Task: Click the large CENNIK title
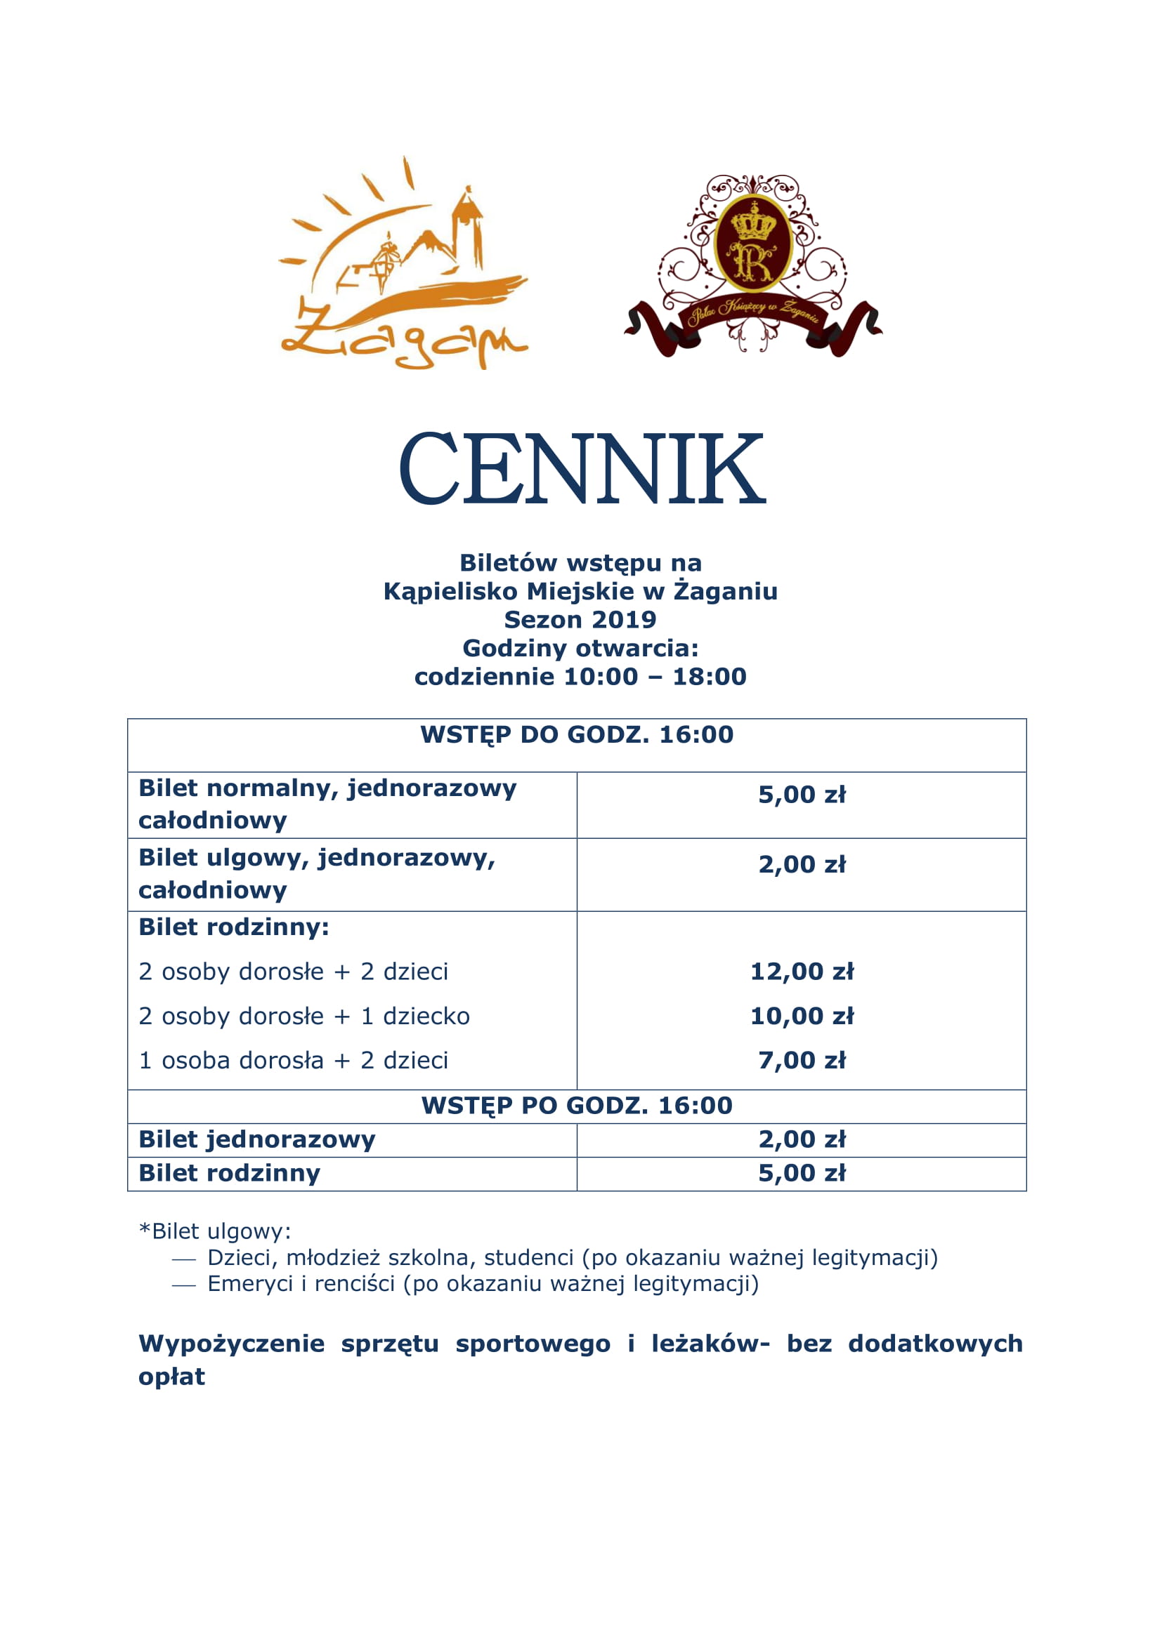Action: click(x=581, y=470)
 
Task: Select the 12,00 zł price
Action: click(x=802, y=972)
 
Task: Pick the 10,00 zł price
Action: click(x=802, y=1017)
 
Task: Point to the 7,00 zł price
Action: click(x=802, y=1061)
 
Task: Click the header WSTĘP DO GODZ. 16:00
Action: click(x=577, y=735)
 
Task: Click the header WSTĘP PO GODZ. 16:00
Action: click(x=577, y=1106)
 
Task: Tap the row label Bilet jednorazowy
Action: click(x=257, y=1140)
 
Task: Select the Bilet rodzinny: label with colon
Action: click(x=234, y=927)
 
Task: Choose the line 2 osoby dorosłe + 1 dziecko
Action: click(x=304, y=1017)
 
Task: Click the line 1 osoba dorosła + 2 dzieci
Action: click(x=294, y=1061)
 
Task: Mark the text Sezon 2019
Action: click(x=580, y=619)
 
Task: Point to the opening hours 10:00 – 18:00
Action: click(x=655, y=677)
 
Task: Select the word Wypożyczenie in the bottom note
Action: click(x=231, y=1344)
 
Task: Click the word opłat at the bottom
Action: click(x=171, y=1377)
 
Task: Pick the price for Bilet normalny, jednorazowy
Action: click(x=802, y=795)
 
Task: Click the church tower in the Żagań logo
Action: click(x=467, y=225)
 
